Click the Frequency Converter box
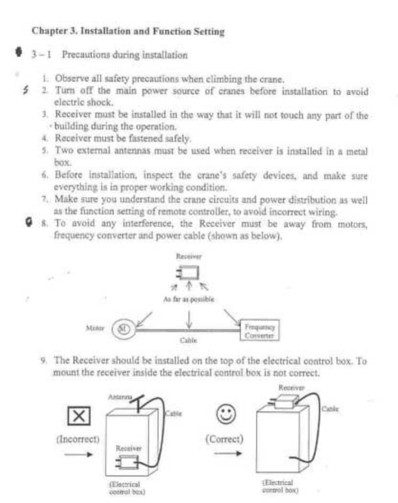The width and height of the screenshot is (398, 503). (x=259, y=330)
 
